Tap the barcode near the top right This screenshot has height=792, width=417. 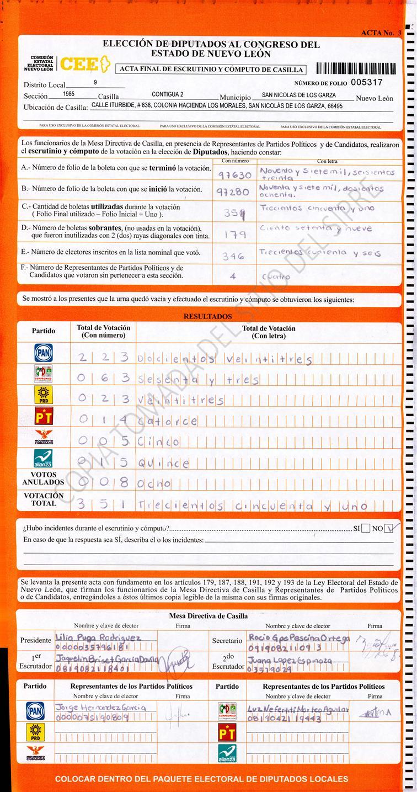click(356, 69)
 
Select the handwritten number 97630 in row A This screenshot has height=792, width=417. click(235, 176)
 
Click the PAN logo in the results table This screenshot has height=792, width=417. click(44, 353)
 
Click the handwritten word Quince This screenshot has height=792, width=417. click(164, 463)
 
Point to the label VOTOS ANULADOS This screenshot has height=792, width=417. click(44, 478)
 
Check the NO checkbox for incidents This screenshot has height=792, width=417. click(391, 528)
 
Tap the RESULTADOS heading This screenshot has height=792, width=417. click(208, 317)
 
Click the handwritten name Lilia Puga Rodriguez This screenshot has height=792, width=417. click(98, 637)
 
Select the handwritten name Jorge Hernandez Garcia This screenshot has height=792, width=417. click(100, 707)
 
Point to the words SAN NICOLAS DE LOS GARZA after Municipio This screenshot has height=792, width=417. click(298, 95)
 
